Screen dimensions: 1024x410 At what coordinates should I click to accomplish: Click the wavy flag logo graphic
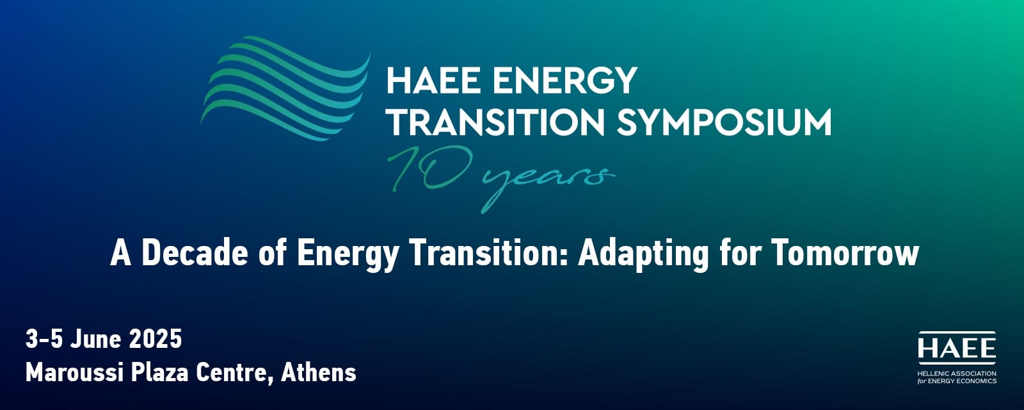coord(285,88)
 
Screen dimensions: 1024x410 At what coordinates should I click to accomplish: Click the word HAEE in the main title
coord(434,80)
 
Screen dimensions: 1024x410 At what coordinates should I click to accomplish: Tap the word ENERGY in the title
coord(565,80)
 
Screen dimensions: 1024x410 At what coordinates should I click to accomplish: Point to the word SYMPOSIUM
coord(724,122)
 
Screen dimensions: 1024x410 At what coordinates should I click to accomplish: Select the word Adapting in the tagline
coord(644,254)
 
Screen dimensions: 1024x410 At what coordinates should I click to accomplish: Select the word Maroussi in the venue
coord(74,372)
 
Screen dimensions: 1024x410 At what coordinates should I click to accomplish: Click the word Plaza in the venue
coord(159,372)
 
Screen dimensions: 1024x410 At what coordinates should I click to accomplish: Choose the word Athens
coord(318,372)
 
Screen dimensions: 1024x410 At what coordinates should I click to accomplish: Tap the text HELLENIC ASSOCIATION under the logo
coord(956,374)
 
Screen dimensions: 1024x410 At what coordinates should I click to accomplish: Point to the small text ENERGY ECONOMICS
coord(962,381)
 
